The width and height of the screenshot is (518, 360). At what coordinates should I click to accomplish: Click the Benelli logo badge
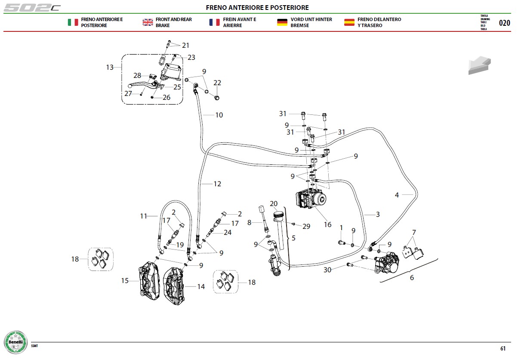click(16, 342)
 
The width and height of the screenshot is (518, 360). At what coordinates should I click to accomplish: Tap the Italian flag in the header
click(73, 22)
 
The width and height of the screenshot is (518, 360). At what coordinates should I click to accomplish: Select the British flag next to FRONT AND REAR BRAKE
click(148, 22)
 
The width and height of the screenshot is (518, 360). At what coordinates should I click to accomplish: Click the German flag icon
click(282, 22)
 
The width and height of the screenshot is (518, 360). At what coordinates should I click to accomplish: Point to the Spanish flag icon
click(349, 22)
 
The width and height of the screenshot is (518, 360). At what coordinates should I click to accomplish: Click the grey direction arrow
click(479, 65)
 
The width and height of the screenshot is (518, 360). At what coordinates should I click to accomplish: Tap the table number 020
click(504, 23)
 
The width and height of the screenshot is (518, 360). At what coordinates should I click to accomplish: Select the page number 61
click(503, 348)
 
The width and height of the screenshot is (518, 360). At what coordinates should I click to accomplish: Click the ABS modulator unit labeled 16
click(311, 198)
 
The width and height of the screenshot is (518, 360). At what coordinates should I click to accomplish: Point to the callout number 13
click(110, 67)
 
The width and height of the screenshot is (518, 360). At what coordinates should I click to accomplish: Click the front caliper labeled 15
click(149, 281)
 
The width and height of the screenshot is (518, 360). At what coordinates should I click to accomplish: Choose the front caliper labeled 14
click(174, 286)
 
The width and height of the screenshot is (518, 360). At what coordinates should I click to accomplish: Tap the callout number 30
click(327, 270)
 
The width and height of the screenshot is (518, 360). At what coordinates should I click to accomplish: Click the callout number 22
click(217, 83)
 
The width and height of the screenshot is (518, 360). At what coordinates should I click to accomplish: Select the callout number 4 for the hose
click(397, 195)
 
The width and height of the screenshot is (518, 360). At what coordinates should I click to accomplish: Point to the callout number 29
click(306, 226)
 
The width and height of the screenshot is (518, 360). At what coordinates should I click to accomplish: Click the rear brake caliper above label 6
click(387, 262)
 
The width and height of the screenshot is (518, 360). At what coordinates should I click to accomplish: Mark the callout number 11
click(143, 216)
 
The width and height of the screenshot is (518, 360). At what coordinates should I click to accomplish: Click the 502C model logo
click(32, 8)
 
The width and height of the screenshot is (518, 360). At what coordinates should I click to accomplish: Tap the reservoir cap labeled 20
click(278, 215)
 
